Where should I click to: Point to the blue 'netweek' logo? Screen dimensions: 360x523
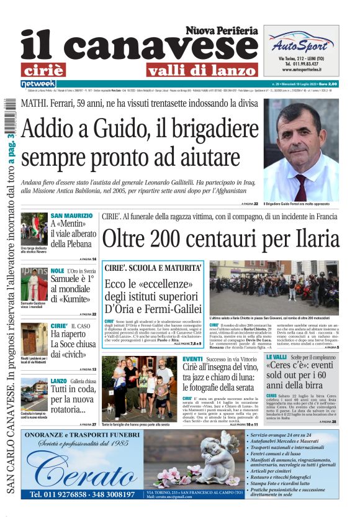click(x=38, y=84)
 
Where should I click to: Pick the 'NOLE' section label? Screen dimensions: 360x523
click(x=57, y=271)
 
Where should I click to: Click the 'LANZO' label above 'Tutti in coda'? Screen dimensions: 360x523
click(x=59, y=381)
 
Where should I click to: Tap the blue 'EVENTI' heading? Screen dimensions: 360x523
click(x=192, y=359)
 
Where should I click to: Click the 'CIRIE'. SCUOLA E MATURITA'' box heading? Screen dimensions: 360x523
click(x=153, y=268)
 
